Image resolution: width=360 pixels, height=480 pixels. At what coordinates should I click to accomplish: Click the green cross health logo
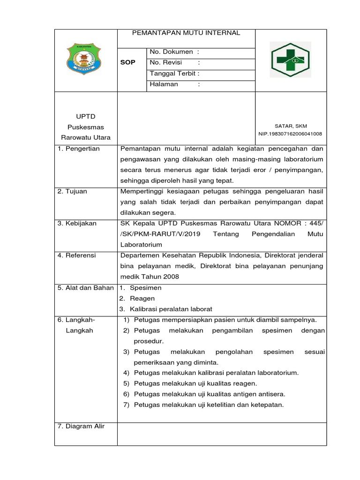[x=289, y=59]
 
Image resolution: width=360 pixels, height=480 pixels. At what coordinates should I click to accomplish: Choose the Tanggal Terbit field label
[x=174, y=74]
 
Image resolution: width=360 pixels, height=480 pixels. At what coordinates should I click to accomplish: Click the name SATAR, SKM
[x=291, y=126]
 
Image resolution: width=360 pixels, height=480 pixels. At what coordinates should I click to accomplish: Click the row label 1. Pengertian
[x=78, y=149]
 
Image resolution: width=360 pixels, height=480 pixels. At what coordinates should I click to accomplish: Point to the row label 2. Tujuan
[x=72, y=192]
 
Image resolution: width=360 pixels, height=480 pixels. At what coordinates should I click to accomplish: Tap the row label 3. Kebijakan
[x=77, y=224]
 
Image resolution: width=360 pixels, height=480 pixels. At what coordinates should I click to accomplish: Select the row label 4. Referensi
[x=77, y=255]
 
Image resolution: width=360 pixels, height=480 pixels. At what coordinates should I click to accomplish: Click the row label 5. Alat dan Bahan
[x=86, y=288]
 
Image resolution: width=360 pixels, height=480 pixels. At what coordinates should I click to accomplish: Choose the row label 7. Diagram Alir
[x=81, y=426]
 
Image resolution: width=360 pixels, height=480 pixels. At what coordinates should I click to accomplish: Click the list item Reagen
[x=142, y=298]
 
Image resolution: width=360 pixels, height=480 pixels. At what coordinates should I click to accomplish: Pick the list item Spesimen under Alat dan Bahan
[x=145, y=288]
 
